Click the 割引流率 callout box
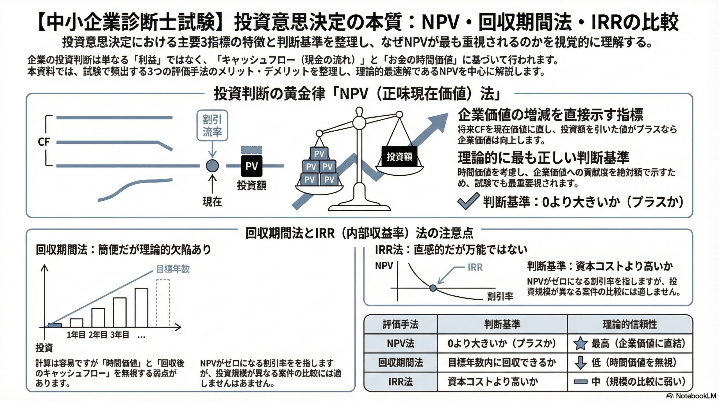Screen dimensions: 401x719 [212, 125]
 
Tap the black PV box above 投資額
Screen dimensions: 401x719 [252, 166]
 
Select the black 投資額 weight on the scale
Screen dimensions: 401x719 [399, 157]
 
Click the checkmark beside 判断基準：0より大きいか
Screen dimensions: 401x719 [468, 201]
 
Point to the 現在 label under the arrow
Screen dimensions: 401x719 [212, 202]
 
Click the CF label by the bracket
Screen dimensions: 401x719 [44, 142]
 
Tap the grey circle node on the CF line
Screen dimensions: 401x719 [212, 166]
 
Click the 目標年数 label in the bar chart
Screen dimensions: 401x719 [173, 269]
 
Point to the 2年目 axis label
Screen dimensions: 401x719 [98, 335]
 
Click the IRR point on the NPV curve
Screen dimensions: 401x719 [433, 288]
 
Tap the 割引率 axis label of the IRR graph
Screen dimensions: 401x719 [500, 296]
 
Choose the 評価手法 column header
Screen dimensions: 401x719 [401, 324]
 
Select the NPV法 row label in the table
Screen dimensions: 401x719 [401, 343]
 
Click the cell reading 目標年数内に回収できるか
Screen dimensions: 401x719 [502, 363]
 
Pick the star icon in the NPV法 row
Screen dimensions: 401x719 [580, 343]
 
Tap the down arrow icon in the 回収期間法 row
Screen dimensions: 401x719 [580, 363]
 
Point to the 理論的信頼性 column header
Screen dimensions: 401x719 [630, 324]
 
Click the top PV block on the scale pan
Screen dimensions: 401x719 [319, 153]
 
